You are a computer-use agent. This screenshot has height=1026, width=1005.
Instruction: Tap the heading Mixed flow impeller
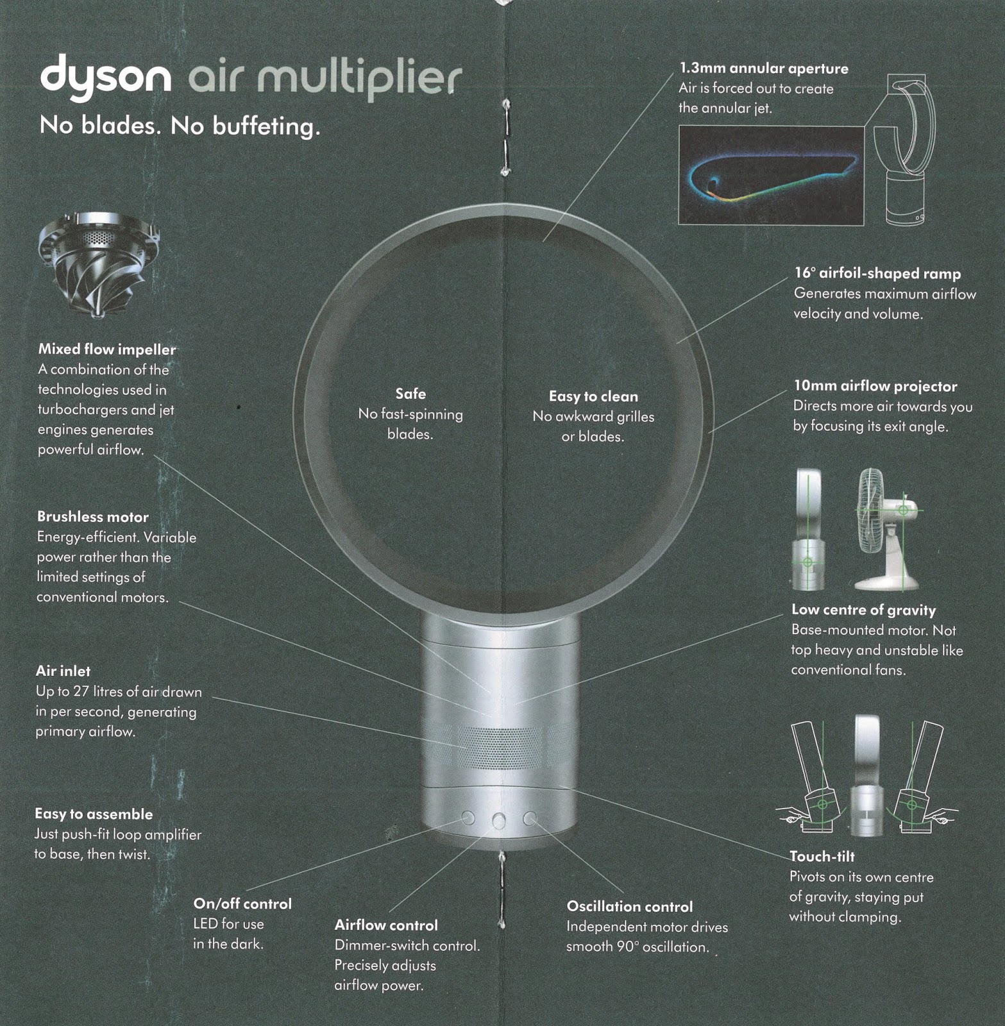coord(106,349)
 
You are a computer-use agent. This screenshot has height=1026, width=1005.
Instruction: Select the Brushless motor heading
coord(92,517)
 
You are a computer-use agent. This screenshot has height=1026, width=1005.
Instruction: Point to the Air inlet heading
coord(63,671)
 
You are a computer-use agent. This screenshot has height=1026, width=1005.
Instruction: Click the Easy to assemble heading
coord(94,814)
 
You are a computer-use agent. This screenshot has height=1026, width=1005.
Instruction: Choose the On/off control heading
coord(242,904)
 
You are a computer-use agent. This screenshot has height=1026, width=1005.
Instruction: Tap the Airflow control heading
coord(386,925)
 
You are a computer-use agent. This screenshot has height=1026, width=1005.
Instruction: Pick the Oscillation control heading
coord(629,907)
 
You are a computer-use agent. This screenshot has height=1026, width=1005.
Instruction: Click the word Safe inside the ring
coord(410,394)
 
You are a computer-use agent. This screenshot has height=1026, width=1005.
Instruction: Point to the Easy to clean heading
coord(593,396)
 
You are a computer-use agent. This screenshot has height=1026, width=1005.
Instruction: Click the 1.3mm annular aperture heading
coord(763,69)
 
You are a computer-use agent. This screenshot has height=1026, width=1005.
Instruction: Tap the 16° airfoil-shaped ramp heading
coord(877,274)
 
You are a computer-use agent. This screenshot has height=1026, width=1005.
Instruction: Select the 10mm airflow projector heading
coord(875,386)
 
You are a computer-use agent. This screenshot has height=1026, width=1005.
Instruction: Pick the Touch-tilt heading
coord(822,857)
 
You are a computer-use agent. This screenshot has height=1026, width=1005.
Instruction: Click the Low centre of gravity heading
coord(863,610)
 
